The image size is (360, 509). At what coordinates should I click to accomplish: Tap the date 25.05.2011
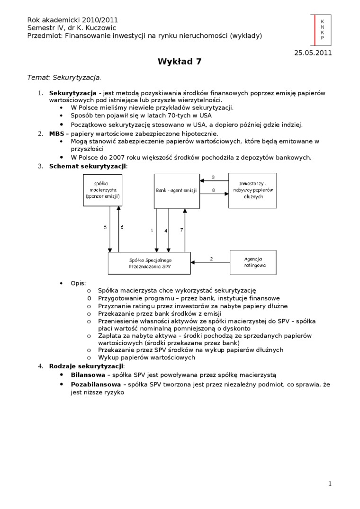313,53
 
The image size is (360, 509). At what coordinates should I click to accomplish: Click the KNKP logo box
322,30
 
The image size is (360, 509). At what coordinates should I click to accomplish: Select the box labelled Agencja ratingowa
252,262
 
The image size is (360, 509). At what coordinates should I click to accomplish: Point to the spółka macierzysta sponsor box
102,190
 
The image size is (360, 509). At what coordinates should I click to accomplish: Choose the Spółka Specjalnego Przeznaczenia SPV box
149,263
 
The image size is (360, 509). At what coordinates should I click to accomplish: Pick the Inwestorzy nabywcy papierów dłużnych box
252,190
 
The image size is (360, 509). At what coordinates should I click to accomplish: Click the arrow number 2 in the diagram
211,259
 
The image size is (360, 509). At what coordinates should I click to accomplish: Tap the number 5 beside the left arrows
105,227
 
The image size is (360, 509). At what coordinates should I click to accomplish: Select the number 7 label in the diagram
181,230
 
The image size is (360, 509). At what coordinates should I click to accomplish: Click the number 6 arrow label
122,227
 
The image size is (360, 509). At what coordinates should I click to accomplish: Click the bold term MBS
56,134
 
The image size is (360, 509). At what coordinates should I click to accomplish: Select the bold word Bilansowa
88,374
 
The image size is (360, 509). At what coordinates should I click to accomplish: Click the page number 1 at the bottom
330,483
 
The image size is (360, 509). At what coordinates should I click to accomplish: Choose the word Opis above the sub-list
78,283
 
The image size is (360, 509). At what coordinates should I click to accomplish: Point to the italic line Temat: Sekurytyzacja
64,77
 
